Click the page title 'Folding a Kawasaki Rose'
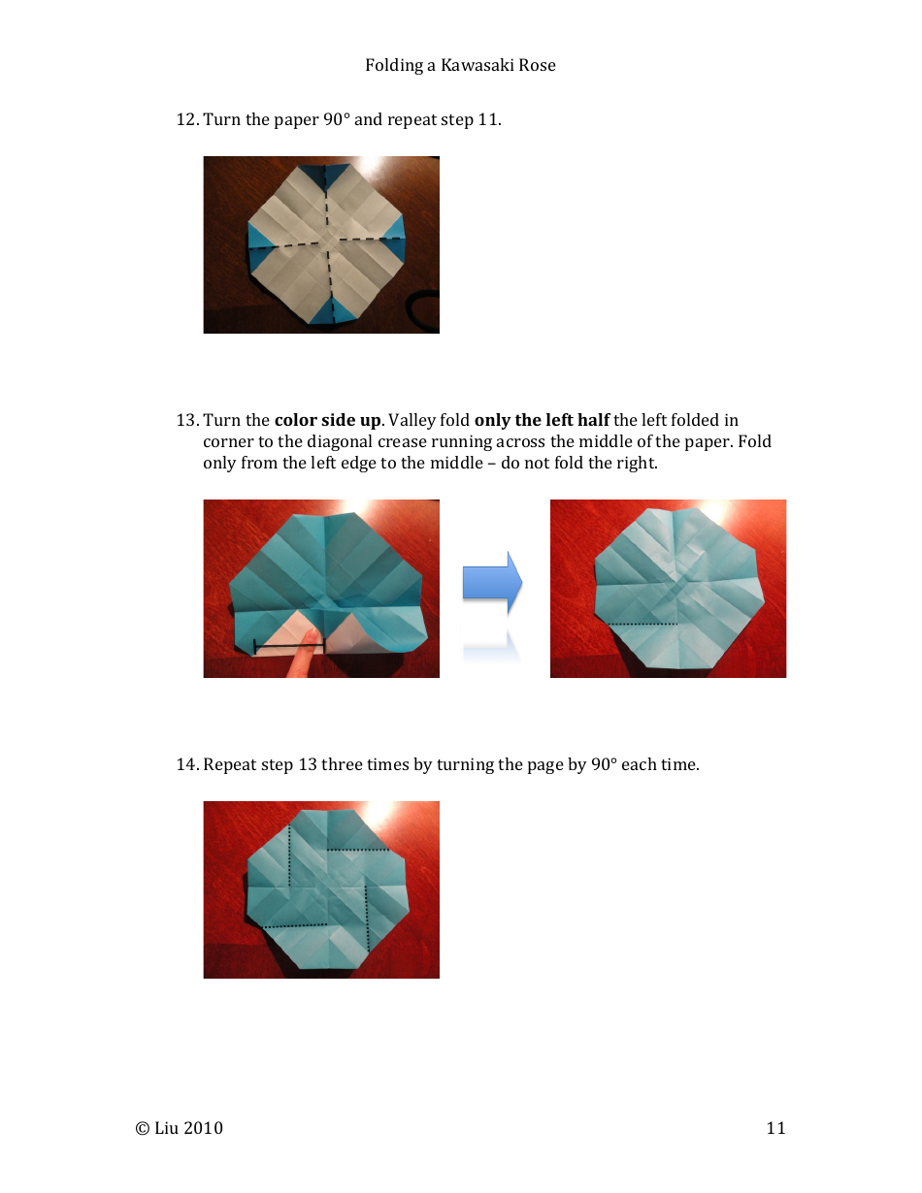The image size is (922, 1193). point(460,66)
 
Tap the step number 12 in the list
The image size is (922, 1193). point(185,120)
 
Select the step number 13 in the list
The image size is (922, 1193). point(185,421)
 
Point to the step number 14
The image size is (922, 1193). point(185,765)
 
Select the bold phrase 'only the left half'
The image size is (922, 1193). point(542,421)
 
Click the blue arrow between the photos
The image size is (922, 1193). point(492,583)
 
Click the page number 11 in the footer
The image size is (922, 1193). point(775,1128)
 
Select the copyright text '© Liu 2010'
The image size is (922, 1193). point(180,1128)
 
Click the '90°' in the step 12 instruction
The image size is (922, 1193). point(336,120)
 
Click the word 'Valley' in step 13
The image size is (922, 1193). point(412,421)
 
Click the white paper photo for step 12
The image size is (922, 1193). point(321,244)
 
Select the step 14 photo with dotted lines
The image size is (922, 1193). point(321,889)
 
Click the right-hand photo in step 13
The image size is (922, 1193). point(668,589)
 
